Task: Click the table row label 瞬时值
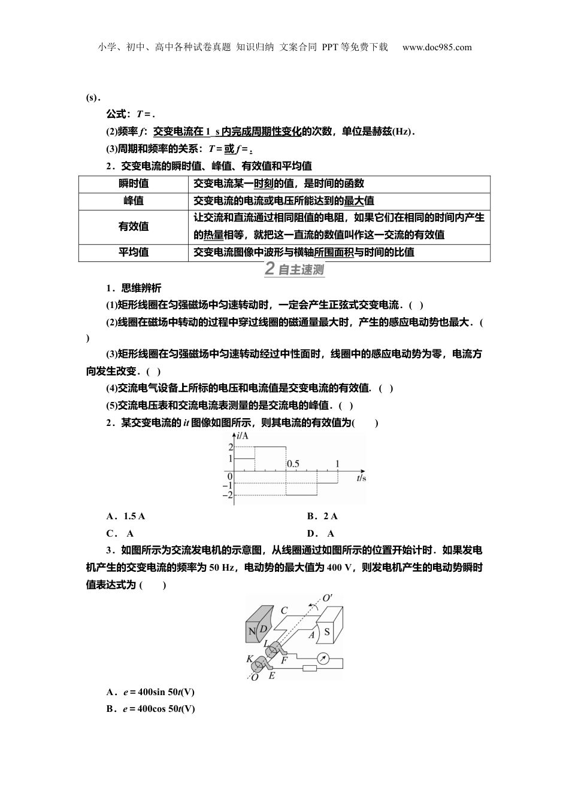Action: [134, 184]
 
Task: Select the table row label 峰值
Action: [134, 201]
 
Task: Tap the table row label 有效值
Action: [134, 227]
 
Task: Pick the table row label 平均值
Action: [134, 252]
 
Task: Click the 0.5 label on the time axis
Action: [293, 464]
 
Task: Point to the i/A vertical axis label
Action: [242, 435]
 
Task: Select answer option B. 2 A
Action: [322, 516]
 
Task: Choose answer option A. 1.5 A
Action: [126, 516]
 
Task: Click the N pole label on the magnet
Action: [252, 631]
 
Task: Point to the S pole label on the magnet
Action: [327, 631]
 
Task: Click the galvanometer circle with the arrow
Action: [323, 658]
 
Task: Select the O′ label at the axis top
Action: [328, 598]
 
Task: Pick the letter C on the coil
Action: [284, 611]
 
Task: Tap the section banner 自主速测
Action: [294, 270]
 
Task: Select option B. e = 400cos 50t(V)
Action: [150, 709]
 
